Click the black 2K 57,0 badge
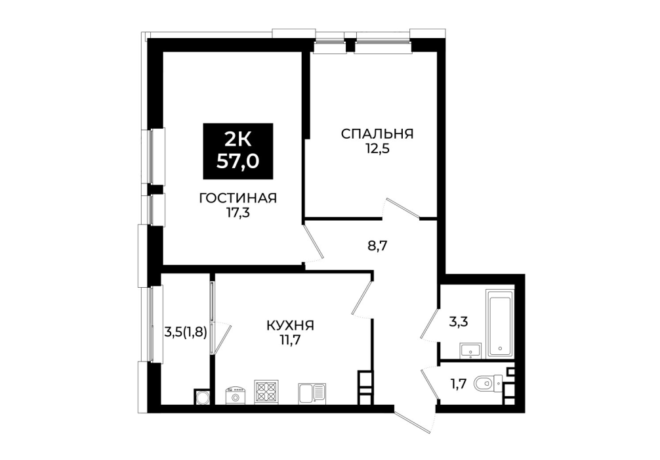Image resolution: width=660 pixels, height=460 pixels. [x=237, y=151]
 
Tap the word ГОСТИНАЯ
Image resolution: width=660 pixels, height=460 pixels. [x=237, y=198]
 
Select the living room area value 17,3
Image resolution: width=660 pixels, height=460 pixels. [x=237, y=213]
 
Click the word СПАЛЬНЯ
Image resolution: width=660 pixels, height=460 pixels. [x=377, y=134]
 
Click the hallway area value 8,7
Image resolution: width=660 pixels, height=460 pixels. [x=377, y=245]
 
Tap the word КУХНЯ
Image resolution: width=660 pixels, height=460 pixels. [x=291, y=325]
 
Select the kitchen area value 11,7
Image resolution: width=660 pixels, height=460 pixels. [x=291, y=340]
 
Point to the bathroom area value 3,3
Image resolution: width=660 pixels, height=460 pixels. [x=459, y=323]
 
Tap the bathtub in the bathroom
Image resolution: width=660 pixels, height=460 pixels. [x=500, y=323]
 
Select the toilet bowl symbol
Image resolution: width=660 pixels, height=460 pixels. [x=487, y=384]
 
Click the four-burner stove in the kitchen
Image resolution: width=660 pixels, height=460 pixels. [x=266, y=392]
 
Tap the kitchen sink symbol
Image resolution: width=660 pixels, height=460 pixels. [x=312, y=394]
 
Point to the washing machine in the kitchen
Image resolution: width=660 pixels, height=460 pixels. [x=236, y=396]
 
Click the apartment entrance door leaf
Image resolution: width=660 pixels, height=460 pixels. [x=413, y=422]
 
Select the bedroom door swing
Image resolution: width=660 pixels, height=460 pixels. [x=402, y=209]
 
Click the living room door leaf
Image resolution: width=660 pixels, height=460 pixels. [x=314, y=241]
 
